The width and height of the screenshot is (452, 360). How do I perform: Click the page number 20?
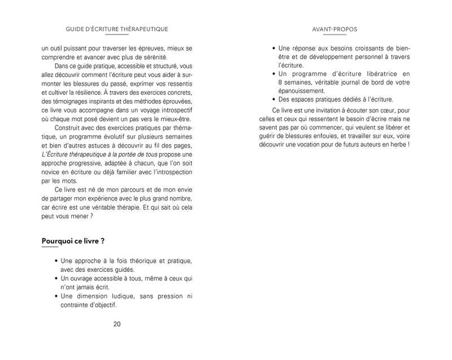(117, 324)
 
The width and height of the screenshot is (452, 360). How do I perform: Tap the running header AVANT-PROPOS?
(334, 29)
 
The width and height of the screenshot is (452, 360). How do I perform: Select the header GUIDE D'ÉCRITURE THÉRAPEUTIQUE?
(117, 29)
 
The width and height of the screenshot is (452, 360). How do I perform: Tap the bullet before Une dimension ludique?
(56, 297)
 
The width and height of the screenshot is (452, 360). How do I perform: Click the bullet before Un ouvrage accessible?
(56, 279)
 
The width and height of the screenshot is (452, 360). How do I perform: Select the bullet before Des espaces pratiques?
(274, 99)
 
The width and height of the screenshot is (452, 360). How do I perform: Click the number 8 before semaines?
(280, 82)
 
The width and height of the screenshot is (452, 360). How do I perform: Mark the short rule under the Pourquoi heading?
(50, 248)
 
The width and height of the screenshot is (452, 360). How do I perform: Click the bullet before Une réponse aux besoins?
(274, 49)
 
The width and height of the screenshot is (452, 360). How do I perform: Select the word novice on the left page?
(51, 172)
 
